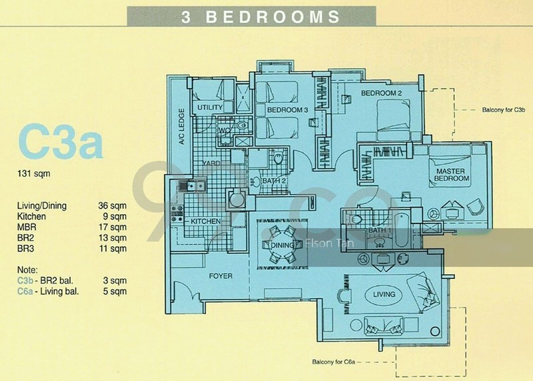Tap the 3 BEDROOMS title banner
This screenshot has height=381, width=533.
click(261, 17)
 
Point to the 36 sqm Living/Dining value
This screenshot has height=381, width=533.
click(111, 206)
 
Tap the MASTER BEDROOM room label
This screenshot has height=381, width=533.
click(452, 174)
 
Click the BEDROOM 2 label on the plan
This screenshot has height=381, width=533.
click(381, 94)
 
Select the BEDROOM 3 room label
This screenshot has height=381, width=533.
click(287, 109)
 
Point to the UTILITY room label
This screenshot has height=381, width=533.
click(210, 107)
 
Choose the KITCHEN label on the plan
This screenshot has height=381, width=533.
click(206, 221)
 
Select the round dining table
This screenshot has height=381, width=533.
click(280, 237)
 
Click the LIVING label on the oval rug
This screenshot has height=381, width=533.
click(384, 294)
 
